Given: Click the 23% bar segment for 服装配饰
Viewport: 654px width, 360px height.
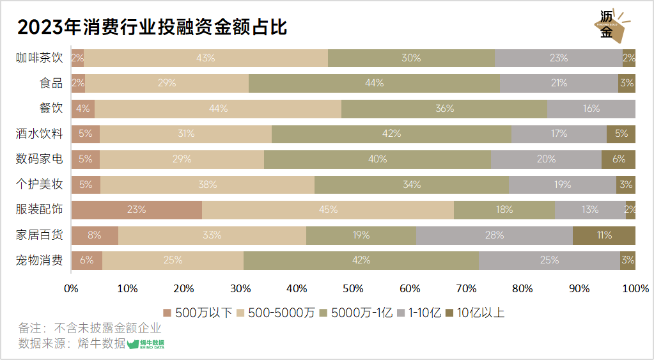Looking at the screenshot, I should tap(137, 210).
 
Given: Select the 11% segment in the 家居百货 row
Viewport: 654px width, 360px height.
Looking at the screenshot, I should tap(604, 235).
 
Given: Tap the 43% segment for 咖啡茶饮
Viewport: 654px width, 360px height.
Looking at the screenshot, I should tap(206, 58).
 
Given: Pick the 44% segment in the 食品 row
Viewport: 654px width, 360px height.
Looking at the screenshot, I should tap(374, 83).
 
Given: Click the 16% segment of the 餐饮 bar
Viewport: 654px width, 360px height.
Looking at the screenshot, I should tap(591, 109).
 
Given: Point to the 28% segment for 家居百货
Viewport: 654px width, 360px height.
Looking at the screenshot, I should tap(494, 235).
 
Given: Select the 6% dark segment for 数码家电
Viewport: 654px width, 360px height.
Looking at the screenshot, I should tap(618, 159).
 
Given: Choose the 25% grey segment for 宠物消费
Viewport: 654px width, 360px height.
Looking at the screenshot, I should tap(549, 260).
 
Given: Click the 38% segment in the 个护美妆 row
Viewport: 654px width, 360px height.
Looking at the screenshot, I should tap(207, 185).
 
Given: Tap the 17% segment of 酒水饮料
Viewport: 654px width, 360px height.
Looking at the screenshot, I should tap(559, 134).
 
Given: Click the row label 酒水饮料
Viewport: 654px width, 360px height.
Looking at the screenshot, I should tap(40, 134).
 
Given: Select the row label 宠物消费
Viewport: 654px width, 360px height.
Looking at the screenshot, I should tap(40, 260).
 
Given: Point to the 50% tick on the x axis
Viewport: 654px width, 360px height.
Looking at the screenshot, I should tap(354, 288).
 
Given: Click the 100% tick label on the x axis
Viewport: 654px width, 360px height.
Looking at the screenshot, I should tap(635, 288).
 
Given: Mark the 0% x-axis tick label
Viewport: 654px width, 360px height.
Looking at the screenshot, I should tap(72, 288).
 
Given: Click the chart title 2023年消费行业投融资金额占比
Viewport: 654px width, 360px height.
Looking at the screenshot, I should tap(152, 27).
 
